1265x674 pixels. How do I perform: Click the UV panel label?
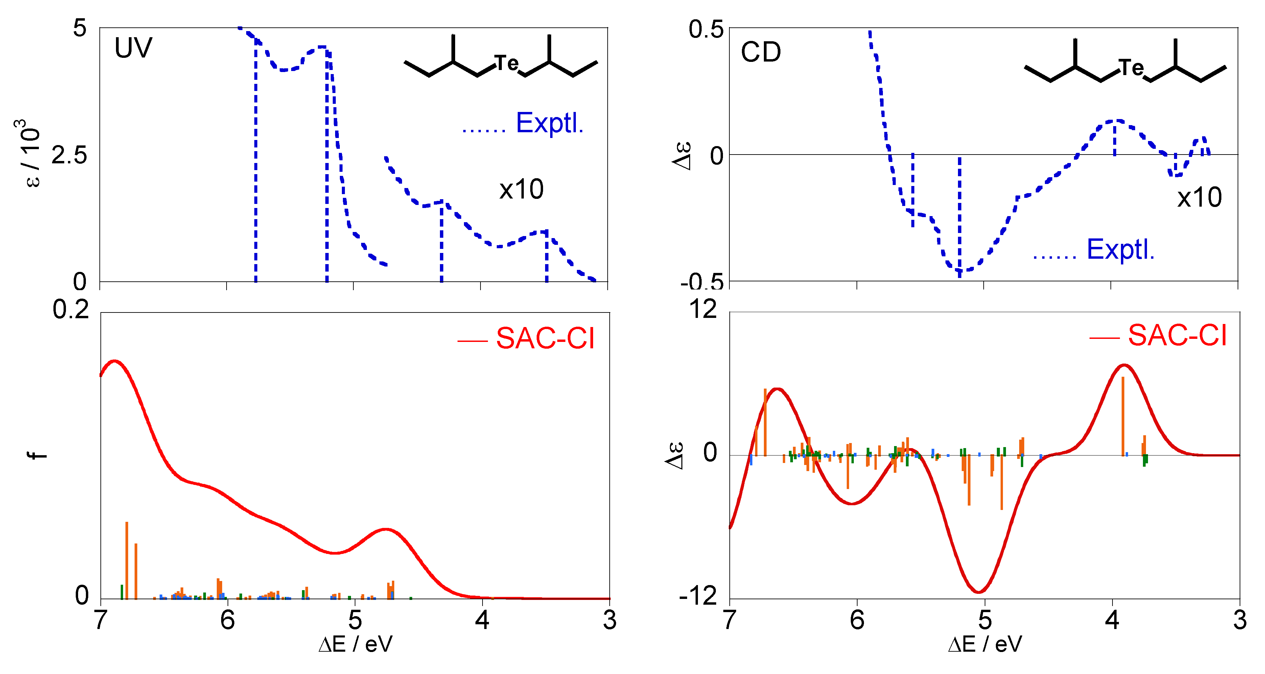tap(133, 48)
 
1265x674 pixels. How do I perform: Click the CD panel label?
tap(760, 52)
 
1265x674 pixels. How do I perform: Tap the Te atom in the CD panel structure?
tap(1131, 68)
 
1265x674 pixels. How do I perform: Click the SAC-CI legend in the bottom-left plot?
tap(545, 339)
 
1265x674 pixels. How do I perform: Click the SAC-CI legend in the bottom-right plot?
tap(1177, 336)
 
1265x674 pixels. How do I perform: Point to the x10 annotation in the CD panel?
tap(1199, 197)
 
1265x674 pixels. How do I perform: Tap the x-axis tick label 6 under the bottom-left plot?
tap(227, 620)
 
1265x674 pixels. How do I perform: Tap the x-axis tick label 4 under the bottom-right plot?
tap(1112, 620)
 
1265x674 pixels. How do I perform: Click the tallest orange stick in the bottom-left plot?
tap(127, 560)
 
